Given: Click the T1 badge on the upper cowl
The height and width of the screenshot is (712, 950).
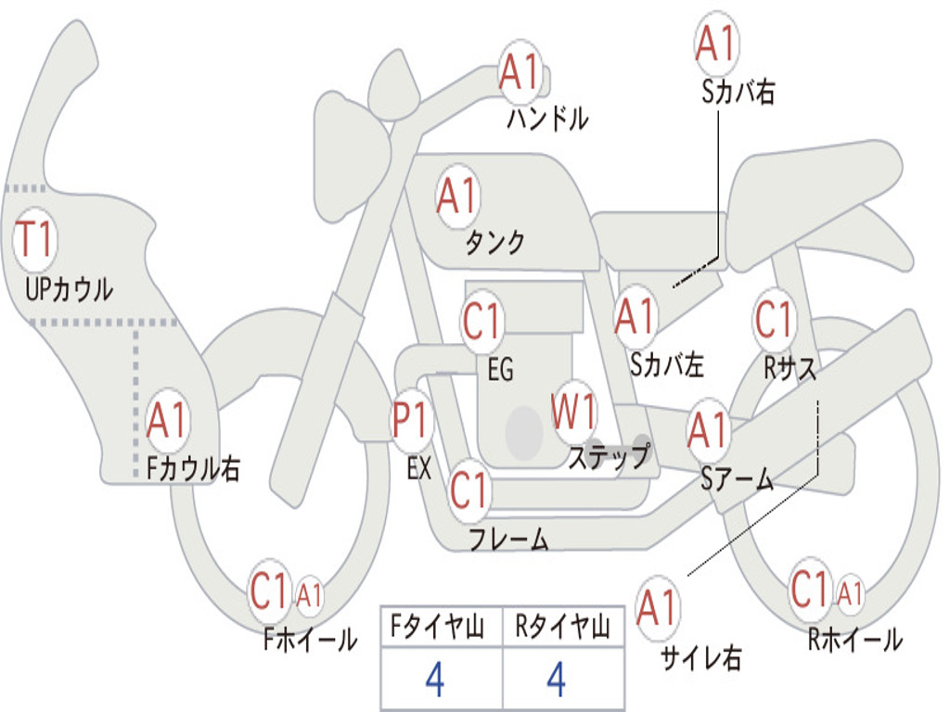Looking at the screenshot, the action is (35, 240).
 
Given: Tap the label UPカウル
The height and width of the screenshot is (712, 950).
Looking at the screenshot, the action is (69, 289).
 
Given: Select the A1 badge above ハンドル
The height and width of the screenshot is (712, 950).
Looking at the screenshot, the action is (520, 72).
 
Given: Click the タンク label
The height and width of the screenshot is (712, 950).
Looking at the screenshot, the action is (494, 242).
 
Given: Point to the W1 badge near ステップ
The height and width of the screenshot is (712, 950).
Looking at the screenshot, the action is (573, 413).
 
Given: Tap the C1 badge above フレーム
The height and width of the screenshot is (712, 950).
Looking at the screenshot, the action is (469, 490).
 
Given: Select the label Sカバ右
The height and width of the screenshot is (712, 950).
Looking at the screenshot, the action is (738, 92).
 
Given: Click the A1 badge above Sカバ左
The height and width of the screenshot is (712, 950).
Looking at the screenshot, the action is (635, 317).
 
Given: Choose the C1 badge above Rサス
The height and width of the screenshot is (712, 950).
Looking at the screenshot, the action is (775, 319).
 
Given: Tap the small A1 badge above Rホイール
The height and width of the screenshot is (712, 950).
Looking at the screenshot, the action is (851, 592).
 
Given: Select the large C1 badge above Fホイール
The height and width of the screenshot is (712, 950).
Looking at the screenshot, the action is (269, 591).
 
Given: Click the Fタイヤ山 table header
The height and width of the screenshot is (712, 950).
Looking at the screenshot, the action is (438, 628).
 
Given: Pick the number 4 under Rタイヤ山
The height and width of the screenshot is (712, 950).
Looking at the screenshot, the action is (557, 680).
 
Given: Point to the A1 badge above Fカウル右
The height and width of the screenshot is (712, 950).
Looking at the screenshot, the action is (167, 420).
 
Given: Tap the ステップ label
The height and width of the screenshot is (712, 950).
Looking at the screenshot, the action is (609, 457).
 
